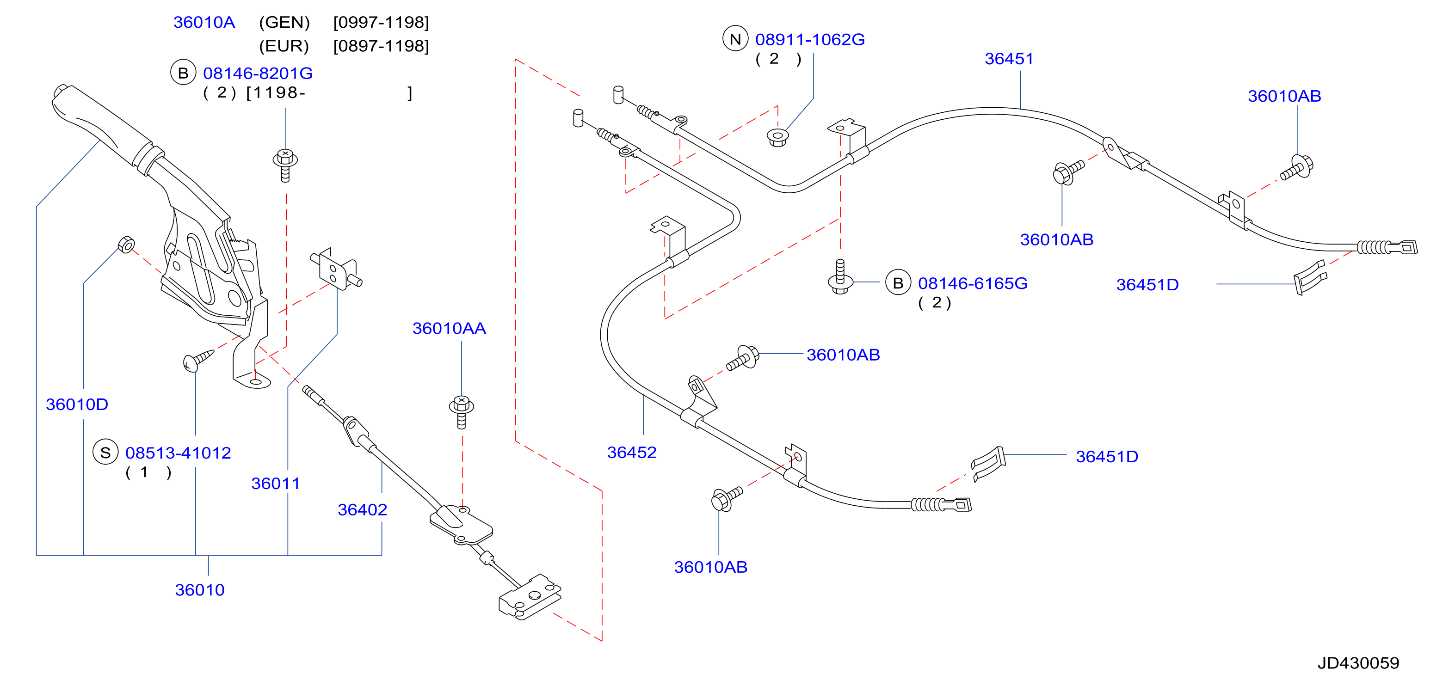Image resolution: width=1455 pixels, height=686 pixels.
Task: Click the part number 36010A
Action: click(204, 22)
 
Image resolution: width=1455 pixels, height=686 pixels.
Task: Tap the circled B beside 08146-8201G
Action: click(183, 73)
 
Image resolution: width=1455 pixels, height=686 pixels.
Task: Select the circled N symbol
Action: click(735, 39)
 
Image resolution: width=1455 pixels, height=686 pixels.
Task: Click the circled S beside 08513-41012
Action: click(105, 452)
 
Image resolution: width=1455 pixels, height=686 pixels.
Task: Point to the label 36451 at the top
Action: click(1009, 59)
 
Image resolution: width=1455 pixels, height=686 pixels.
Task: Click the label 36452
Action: click(631, 452)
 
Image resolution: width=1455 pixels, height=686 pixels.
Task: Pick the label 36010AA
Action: click(449, 328)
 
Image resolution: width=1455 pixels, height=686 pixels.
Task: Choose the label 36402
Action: click(362, 509)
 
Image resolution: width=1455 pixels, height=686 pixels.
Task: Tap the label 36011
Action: click(276, 484)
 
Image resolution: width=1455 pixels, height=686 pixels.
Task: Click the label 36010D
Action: click(77, 404)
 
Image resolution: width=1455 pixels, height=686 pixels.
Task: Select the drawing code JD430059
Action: click(1358, 663)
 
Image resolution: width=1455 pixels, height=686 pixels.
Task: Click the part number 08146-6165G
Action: click(973, 283)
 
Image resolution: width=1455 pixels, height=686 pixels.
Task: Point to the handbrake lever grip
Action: click(102, 122)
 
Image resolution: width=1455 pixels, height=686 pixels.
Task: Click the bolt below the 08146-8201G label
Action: click(285, 165)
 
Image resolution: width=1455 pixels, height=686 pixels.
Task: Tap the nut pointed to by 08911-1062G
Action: click(778, 137)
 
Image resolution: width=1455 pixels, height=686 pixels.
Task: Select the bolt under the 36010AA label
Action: click(462, 411)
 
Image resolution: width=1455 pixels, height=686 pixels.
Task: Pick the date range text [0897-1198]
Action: click(381, 46)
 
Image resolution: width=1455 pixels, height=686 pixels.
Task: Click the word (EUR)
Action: click(284, 46)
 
